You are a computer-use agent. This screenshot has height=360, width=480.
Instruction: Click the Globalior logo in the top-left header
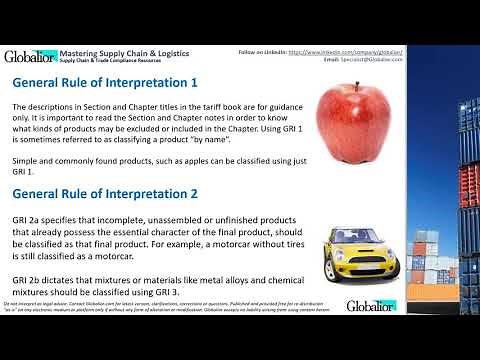[x=29, y=57]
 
